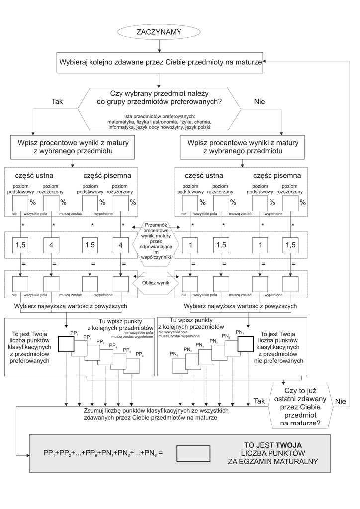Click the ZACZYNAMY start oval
point(159,32)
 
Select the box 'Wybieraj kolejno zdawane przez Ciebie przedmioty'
point(159,63)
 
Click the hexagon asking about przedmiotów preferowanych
point(159,109)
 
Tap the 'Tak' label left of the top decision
point(57,101)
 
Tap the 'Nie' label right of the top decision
point(259,101)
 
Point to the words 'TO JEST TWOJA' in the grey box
point(273,445)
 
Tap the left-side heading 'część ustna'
point(34,175)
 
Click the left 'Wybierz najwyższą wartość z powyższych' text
point(71,306)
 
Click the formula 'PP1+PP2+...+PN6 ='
point(103,453)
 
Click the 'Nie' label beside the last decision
point(340,401)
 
